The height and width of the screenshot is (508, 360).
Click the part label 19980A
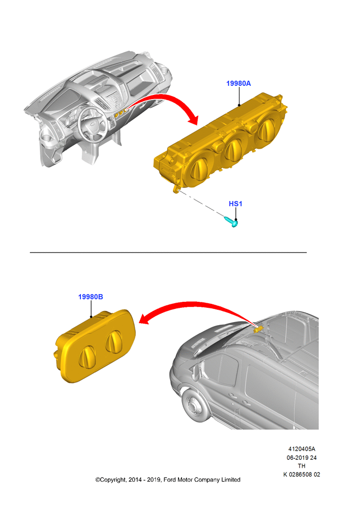click(x=238, y=83)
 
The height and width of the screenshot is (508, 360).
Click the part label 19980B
click(x=91, y=297)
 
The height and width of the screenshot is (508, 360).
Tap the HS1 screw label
click(x=235, y=204)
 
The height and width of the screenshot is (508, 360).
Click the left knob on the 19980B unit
click(x=87, y=357)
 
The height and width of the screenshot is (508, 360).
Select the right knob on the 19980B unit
click(x=113, y=341)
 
